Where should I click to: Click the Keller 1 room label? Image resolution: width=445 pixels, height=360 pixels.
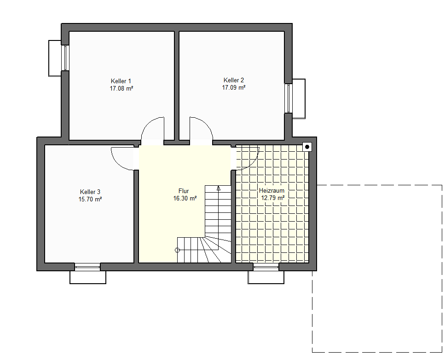[121, 81]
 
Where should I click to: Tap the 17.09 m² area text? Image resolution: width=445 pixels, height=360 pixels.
[234, 88]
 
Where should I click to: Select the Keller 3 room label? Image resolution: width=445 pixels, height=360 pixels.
[90, 192]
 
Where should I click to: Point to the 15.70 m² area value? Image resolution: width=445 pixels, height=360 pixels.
[90, 199]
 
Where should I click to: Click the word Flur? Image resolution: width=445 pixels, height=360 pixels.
[184, 191]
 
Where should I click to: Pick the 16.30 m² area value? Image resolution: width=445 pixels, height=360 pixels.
[185, 199]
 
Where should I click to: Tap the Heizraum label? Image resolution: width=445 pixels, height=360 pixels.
[272, 190]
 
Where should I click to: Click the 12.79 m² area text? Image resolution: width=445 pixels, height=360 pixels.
[273, 198]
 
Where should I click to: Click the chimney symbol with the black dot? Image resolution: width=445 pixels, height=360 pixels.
[307, 147]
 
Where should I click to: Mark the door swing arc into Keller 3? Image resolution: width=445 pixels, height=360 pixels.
[117, 163]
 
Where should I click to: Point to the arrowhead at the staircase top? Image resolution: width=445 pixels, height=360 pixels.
[219, 188]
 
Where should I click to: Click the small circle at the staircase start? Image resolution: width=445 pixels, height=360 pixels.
[177, 250]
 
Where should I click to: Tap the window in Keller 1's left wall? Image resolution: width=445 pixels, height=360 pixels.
[65, 58]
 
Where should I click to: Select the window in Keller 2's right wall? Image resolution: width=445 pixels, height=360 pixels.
[289, 98]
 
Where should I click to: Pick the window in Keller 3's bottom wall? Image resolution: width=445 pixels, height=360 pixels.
[87, 267]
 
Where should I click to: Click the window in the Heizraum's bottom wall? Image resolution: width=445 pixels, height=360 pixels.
[266, 267]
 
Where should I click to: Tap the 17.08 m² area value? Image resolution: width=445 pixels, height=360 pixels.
[121, 88]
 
